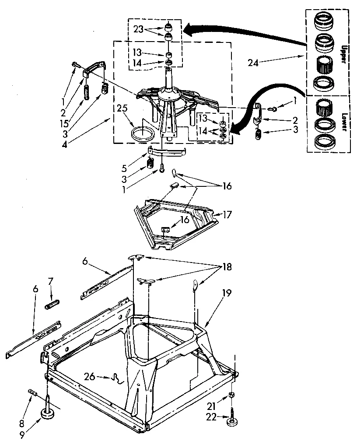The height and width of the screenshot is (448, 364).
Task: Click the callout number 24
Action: [253, 63]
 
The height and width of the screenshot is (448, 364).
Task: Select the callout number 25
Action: [123, 107]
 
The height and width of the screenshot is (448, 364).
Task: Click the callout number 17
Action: [227, 215]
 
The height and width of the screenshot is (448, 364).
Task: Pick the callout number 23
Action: [139, 29]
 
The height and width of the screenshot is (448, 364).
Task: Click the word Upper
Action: [343, 53]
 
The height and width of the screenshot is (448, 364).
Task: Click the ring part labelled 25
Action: [142, 133]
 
